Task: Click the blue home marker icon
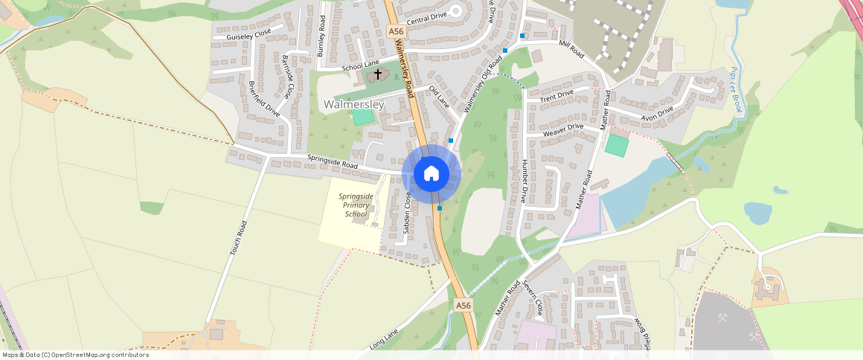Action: click(x=431, y=174)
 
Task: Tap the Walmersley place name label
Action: click(x=354, y=105)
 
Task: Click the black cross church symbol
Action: click(x=378, y=74)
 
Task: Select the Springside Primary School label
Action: click(x=356, y=205)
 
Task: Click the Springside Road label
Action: click(x=333, y=161)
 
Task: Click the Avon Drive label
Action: click(x=657, y=113)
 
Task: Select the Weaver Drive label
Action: click(x=563, y=130)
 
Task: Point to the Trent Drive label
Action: click(x=556, y=95)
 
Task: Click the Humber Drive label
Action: click(x=524, y=181)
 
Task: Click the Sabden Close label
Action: click(x=407, y=213)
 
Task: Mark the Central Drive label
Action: click(x=427, y=15)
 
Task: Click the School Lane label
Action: click(x=360, y=67)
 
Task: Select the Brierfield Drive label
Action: click(x=263, y=99)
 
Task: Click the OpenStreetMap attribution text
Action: click(x=75, y=355)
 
